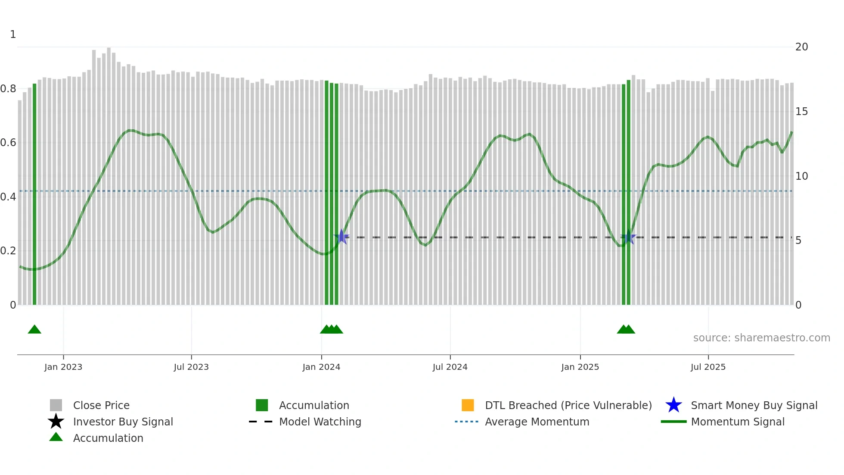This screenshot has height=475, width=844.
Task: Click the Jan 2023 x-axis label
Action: point(63,367)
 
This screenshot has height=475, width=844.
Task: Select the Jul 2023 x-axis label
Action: point(191,367)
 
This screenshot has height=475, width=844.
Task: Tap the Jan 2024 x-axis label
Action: point(321,367)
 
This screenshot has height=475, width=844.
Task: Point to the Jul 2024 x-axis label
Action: point(450,367)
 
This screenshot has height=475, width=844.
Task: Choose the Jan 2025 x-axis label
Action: point(580,367)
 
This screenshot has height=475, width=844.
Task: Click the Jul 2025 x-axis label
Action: point(708,367)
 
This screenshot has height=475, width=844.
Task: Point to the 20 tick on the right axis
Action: point(801,47)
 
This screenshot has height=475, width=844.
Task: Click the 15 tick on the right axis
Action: point(801,112)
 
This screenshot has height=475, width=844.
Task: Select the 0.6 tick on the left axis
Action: point(8,143)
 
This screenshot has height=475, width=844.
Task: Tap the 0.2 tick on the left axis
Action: point(8,251)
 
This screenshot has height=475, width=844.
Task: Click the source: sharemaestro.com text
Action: point(761,338)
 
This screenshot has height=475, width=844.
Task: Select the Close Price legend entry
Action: point(101,406)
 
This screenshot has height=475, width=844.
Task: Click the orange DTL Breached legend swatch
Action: point(468,406)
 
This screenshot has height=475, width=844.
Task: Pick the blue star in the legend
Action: point(673,406)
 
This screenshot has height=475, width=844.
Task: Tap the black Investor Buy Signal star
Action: point(56,422)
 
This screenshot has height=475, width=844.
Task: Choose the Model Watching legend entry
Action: point(320,422)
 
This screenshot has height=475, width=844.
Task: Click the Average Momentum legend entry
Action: point(537,422)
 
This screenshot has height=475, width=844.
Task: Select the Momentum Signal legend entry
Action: point(738,422)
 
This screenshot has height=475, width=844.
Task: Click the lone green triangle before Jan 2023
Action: point(34,330)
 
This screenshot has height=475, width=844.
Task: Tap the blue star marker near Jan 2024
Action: point(341,237)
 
